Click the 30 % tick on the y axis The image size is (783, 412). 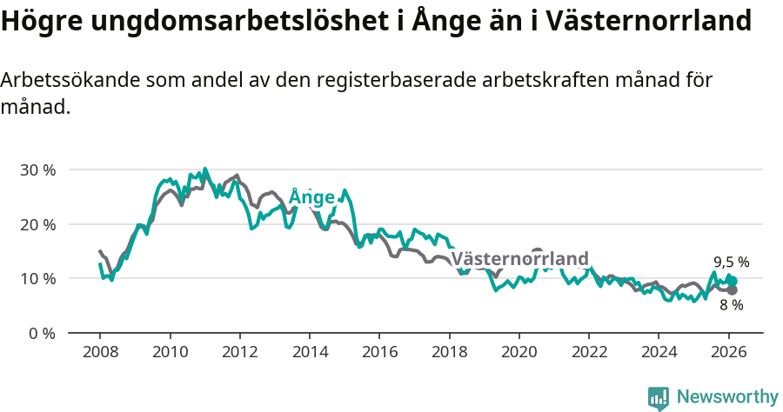click(37, 169)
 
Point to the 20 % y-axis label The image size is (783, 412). click(37, 224)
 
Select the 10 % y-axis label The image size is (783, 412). click(37, 278)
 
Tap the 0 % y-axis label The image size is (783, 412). click(40, 333)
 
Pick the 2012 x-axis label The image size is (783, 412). click(239, 353)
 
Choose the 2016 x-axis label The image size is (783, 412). click(379, 353)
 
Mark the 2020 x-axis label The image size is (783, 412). click(519, 353)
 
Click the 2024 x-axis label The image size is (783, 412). click(659, 353)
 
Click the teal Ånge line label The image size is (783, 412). click(311, 197)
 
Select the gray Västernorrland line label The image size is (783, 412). click(520, 259)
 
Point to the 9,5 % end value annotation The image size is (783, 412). click(731, 262)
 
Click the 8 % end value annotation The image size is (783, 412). click(731, 305)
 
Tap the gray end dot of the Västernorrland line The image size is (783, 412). click(733, 290)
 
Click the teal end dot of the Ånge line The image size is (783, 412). click(733, 281)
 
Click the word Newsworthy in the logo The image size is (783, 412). click(727, 397)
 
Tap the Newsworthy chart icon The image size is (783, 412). click(659, 398)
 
